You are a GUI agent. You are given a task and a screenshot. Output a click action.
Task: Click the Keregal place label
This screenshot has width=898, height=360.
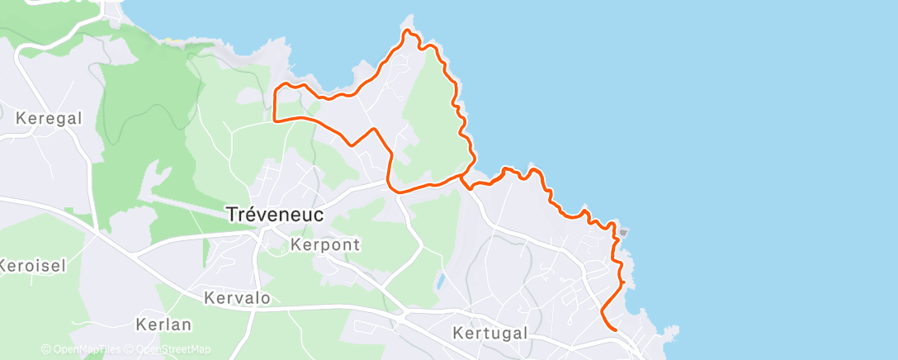[x=49, y=118]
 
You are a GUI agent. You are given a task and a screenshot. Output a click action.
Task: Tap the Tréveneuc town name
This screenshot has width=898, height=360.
[x=275, y=215]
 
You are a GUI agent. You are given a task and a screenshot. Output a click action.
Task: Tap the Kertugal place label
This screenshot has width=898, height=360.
[x=490, y=333]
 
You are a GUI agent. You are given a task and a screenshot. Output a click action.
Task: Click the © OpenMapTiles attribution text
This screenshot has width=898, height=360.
[x=82, y=349]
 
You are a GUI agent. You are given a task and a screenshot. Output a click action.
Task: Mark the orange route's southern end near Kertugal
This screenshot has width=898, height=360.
[x=616, y=330]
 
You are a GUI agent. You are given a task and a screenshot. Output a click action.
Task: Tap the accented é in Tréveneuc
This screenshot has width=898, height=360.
[x=247, y=215]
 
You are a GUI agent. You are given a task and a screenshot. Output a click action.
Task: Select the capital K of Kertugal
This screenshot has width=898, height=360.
[x=459, y=333]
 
